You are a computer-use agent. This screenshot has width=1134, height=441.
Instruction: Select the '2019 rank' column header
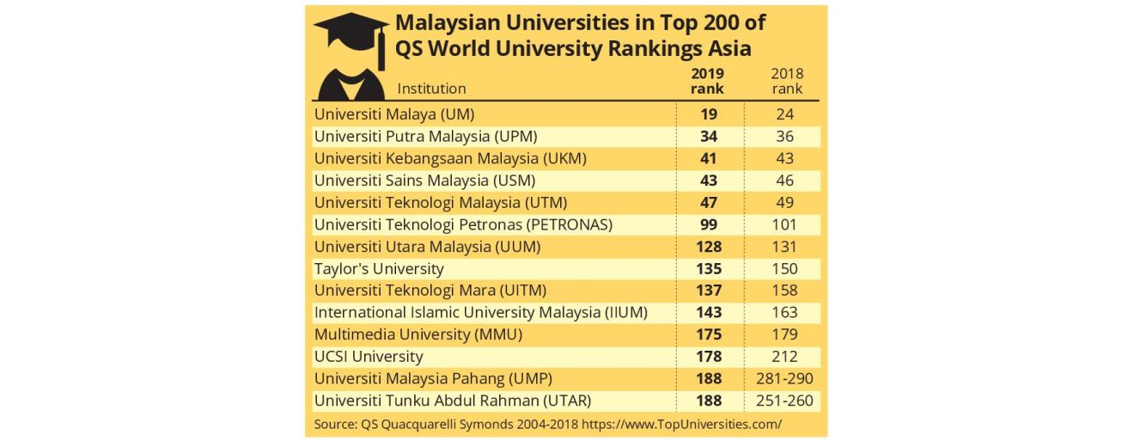point(707,81)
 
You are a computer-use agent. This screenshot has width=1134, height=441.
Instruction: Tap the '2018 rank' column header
point(787,81)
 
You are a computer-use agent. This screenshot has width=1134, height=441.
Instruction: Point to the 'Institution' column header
point(431,89)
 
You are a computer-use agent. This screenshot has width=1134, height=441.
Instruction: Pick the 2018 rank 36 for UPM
point(783,136)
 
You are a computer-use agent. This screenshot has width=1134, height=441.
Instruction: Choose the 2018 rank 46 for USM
point(783,181)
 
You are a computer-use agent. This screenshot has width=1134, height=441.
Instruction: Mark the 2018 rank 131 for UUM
point(783,247)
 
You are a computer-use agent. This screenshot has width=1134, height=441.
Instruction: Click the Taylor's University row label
point(379,269)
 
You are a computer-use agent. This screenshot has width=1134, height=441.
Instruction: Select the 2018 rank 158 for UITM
point(783,291)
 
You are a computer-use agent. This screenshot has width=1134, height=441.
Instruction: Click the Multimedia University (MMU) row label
point(418,334)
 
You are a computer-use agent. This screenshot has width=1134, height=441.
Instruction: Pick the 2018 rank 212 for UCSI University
point(783,357)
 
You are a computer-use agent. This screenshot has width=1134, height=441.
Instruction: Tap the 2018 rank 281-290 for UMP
point(783,378)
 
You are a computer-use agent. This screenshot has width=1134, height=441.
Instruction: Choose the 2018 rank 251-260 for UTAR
point(783,401)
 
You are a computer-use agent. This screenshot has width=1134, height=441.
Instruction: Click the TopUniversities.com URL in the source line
point(682,424)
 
